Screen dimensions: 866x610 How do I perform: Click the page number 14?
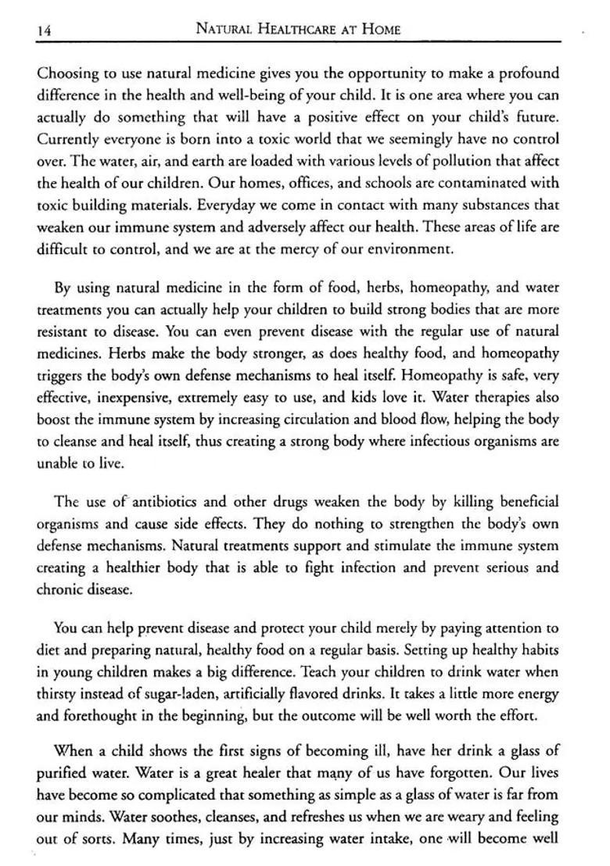(x=44, y=30)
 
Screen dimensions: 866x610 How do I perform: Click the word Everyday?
(x=222, y=206)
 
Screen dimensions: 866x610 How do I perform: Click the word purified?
(x=66, y=772)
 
